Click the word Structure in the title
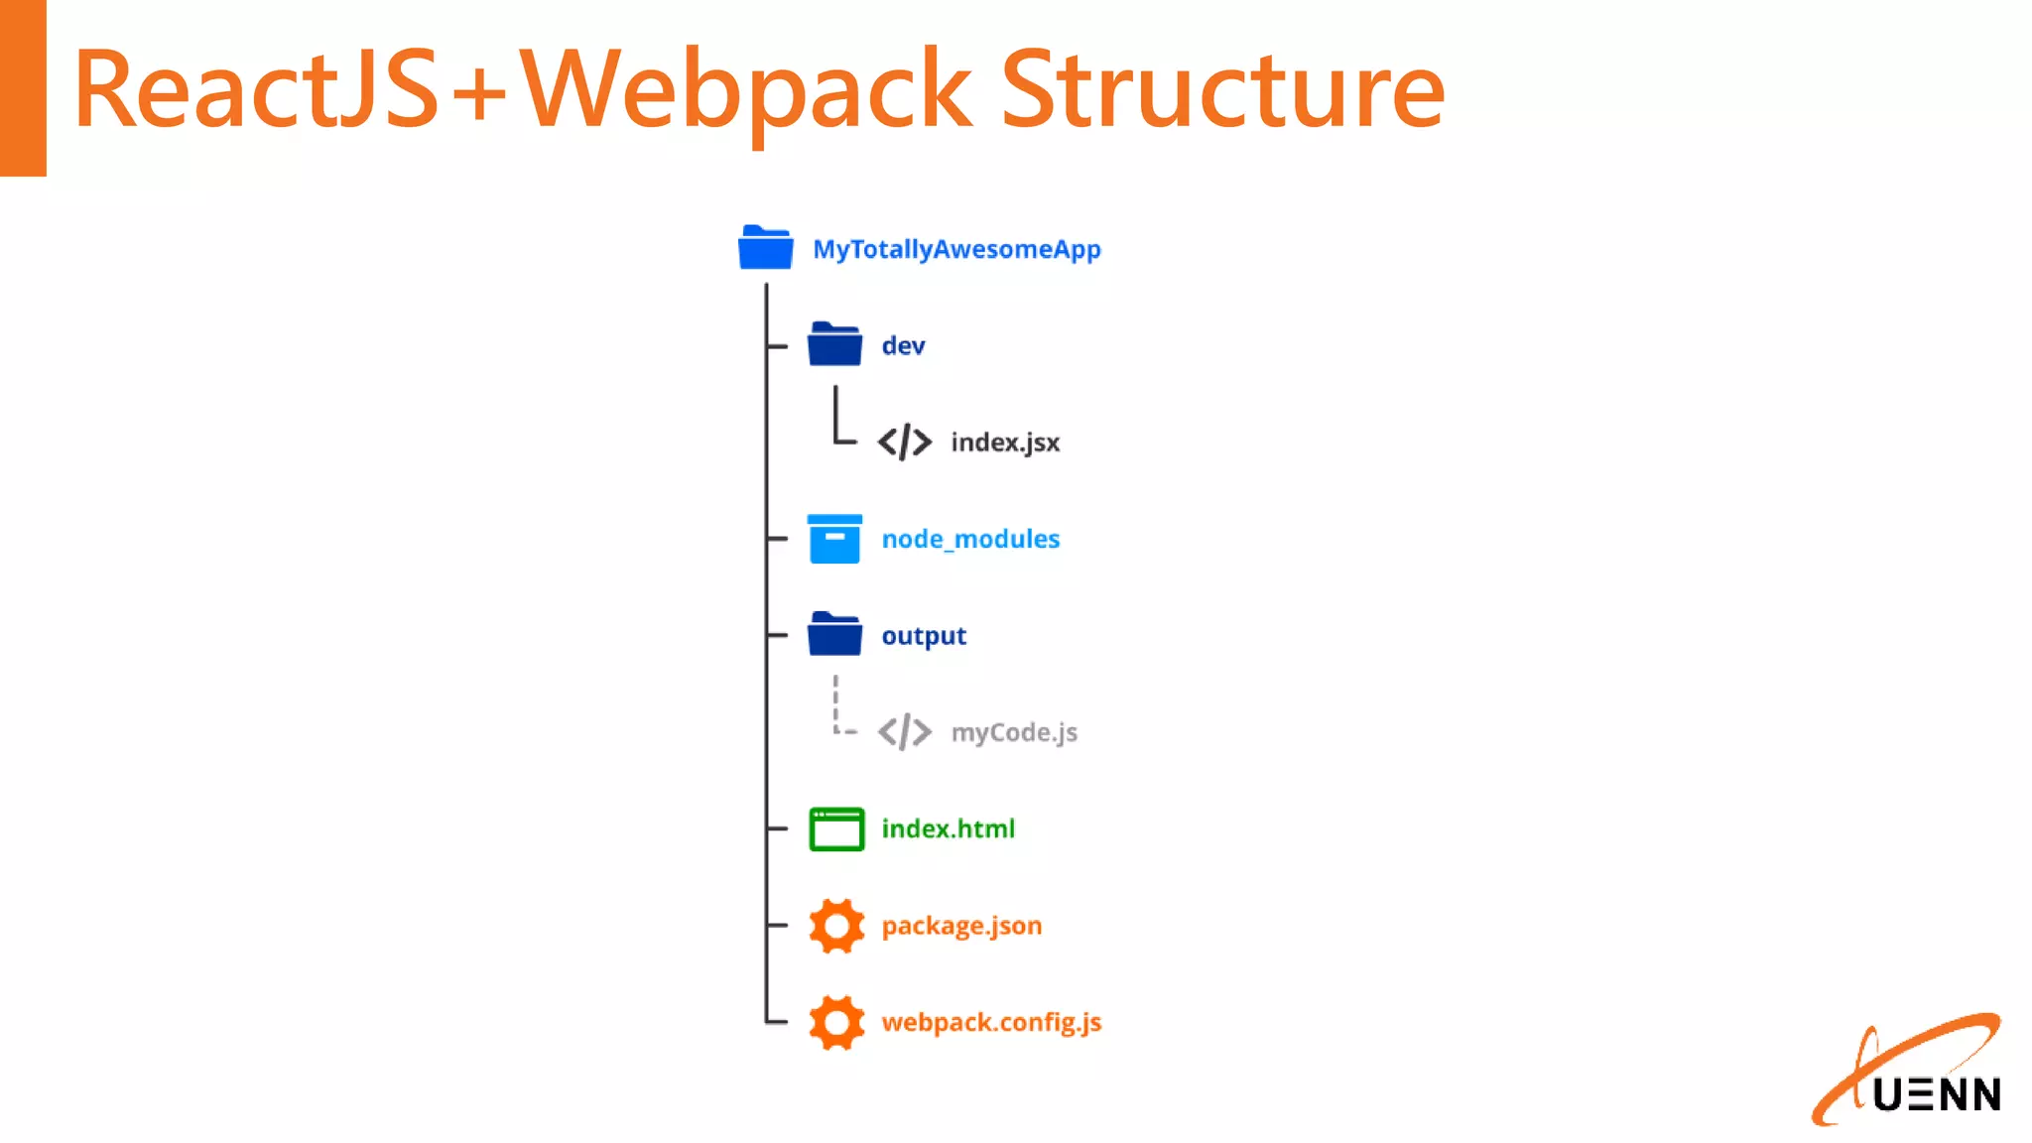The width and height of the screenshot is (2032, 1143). (x=1222, y=91)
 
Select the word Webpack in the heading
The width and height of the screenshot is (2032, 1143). (x=746, y=91)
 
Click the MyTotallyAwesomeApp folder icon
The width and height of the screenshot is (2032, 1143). (x=765, y=248)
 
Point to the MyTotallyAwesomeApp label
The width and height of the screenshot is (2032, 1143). (x=956, y=249)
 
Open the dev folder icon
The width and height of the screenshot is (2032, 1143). (x=834, y=345)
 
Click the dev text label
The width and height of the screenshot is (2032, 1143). (x=903, y=345)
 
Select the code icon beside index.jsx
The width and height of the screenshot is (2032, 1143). (x=905, y=442)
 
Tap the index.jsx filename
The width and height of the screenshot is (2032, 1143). (x=1005, y=442)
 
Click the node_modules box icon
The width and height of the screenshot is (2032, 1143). (x=834, y=539)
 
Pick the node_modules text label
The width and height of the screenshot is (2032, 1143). (x=970, y=539)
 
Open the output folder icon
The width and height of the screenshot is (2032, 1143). (x=834, y=635)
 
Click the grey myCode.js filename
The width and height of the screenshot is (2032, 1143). (x=1014, y=732)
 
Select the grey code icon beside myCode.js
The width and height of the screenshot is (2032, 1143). (x=905, y=732)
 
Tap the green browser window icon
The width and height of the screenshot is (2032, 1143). (x=836, y=828)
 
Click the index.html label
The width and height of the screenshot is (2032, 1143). (x=948, y=828)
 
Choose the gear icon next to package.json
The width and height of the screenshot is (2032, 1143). (x=836, y=926)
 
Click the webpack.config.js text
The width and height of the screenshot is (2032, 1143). (x=991, y=1022)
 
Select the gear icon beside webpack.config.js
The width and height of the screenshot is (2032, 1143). (x=836, y=1022)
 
